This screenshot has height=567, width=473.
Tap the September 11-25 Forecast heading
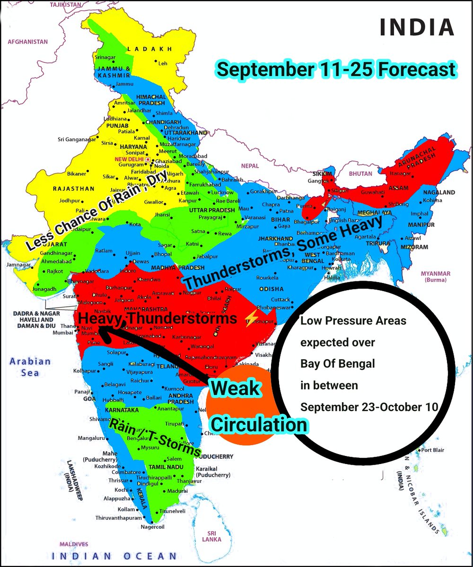tap(336, 70)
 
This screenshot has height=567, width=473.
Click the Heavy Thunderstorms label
tap(158, 319)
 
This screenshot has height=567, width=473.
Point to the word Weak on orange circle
tap(236, 388)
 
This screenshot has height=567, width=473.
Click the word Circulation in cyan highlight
tap(258, 424)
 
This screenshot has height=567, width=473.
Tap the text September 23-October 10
tap(369, 407)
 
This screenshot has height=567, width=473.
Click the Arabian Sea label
tap(31, 367)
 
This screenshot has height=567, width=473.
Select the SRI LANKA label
tap(211, 536)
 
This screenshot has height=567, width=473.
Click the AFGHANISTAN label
tap(27, 42)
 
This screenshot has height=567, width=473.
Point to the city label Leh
tap(163, 63)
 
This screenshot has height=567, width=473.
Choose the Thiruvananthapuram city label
tap(118, 517)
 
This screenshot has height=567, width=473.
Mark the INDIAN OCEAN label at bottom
tap(114, 556)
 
